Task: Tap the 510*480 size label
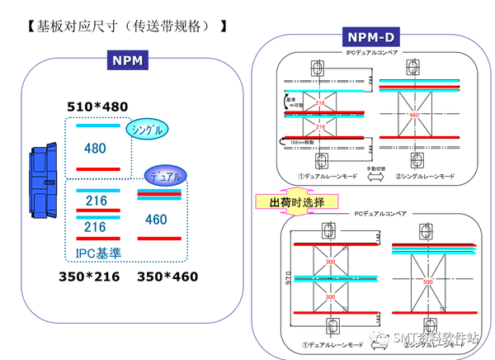pyautogui.click(x=97, y=106)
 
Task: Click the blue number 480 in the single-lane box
pyautogui.click(x=95, y=149)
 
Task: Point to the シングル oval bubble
pyautogui.click(x=147, y=130)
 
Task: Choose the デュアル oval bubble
pyautogui.click(x=166, y=175)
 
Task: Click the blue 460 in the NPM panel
pyautogui.click(x=155, y=220)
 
